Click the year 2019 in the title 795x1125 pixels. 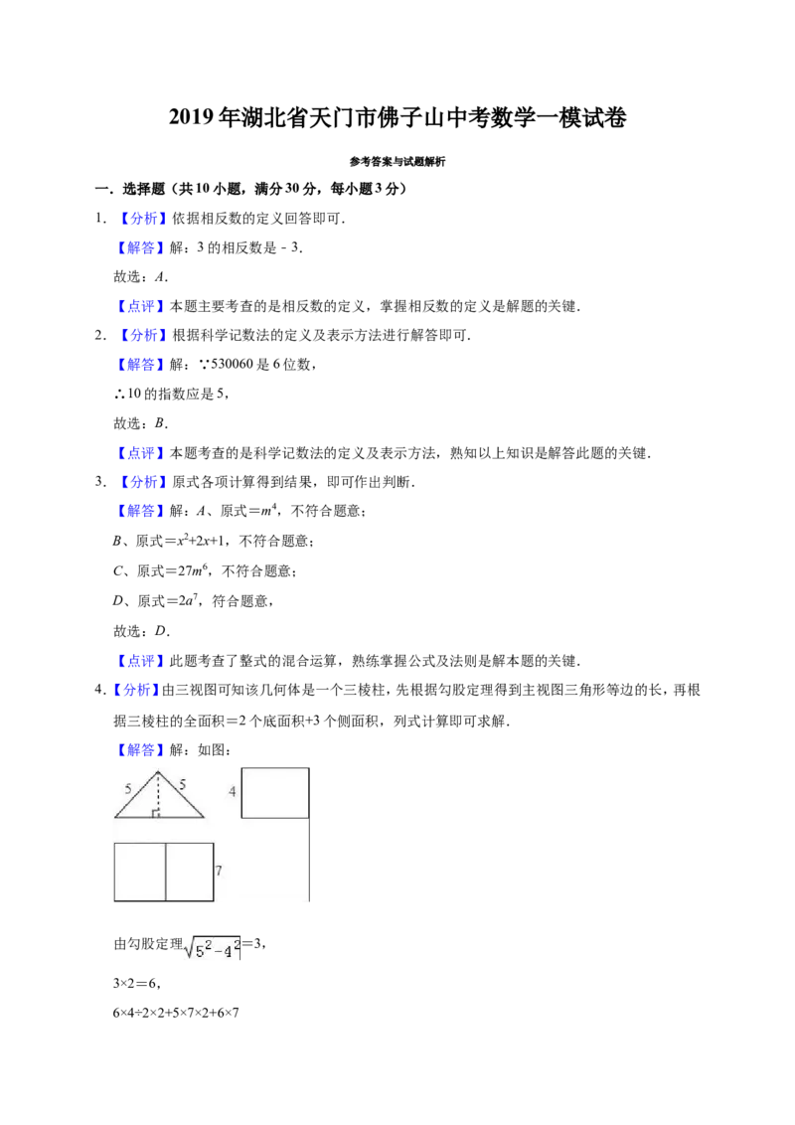[x=192, y=117]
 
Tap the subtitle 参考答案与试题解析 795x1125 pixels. [x=397, y=162]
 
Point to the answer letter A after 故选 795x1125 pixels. [x=160, y=277]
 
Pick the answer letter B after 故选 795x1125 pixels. [x=160, y=423]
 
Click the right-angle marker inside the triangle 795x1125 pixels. [x=155, y=814]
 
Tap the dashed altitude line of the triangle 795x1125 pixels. [x=159, y=795]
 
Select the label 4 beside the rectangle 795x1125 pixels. [x=232, y=791]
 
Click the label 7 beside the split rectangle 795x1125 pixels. [x=219, y=871]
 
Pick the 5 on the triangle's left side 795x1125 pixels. [x=128, y=788]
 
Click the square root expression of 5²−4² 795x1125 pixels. [x=213, y=948]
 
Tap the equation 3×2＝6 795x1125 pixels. [x=136, y=984]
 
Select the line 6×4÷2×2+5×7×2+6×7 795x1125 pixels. [x=176, y=1013]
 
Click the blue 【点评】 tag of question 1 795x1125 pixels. [x=140, y=306]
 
